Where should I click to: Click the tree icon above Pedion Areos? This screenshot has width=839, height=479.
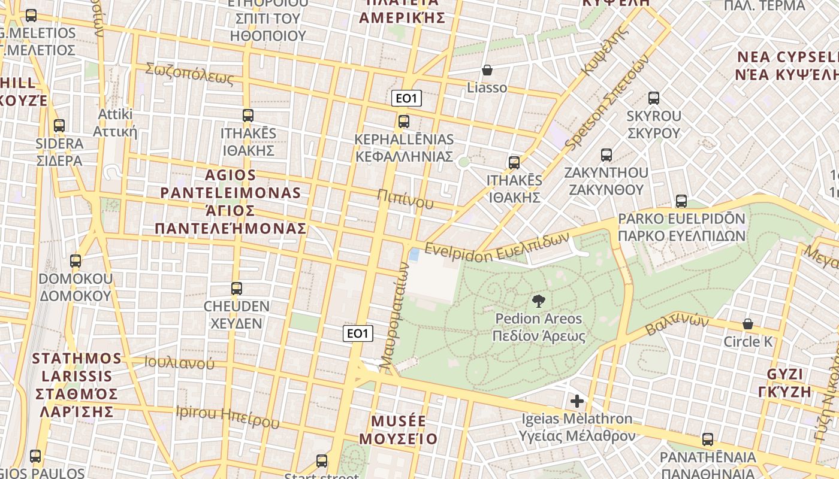click(538, 301)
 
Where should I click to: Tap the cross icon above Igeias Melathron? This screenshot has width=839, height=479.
click(577, 401)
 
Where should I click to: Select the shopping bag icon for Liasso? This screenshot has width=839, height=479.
click(487, 71)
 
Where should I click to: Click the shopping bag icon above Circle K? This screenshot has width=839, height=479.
click(748, 324)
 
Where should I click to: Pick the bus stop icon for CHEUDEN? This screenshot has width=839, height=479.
click(237, 289)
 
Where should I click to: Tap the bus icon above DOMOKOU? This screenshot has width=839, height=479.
click(76, 261)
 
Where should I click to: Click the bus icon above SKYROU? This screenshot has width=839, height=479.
click(654, 98)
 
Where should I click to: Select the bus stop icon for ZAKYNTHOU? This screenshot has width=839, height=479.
click(606, 155)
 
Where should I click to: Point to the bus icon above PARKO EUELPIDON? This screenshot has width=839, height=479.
click(681, 201)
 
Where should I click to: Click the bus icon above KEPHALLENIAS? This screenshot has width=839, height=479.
click(404, 122)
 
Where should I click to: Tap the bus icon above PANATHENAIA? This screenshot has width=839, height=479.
click(708, 439)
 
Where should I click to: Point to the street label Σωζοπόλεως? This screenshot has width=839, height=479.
click(189, 74)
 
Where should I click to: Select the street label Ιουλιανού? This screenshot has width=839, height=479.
click(179, 362)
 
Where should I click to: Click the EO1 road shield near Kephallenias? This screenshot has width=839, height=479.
click(406, 99)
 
